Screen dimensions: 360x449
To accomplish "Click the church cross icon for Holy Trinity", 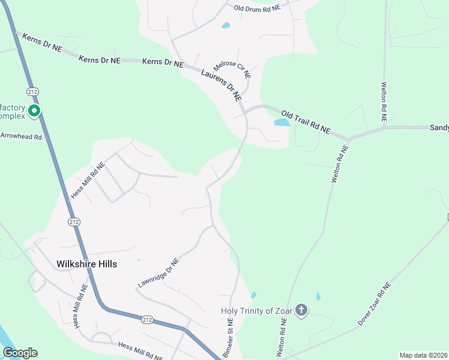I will pyautogui.click(x=301, y=310).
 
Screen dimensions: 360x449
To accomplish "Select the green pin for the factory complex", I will pyautogui.click(x=35, y=111).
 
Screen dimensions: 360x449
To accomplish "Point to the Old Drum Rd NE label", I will pyautogui.click(x=257, y=8).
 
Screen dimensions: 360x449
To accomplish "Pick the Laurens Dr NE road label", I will pyautogui.click(x=221, y=84).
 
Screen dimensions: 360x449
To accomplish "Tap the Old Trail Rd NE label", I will pyautogui.click(x=306, y=121).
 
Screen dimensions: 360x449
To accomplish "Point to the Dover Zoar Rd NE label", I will pyautogui.click(x=374, y=305).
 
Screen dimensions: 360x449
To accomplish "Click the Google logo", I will pyautogui.click(x=20, y=353).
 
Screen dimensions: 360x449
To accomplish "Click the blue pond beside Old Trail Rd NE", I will pyautogui.click(x=282, y=122).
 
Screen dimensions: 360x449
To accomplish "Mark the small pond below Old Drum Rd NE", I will pyautogui.click(x=226, y=26).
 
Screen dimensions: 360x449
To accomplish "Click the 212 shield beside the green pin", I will pyautogui.click(x=32, y=91).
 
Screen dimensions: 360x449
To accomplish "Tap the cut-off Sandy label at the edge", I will pyautogui.click(x=439, y=128).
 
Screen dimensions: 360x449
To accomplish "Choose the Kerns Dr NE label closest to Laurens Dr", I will pyautogui.click(x=163, y=62).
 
